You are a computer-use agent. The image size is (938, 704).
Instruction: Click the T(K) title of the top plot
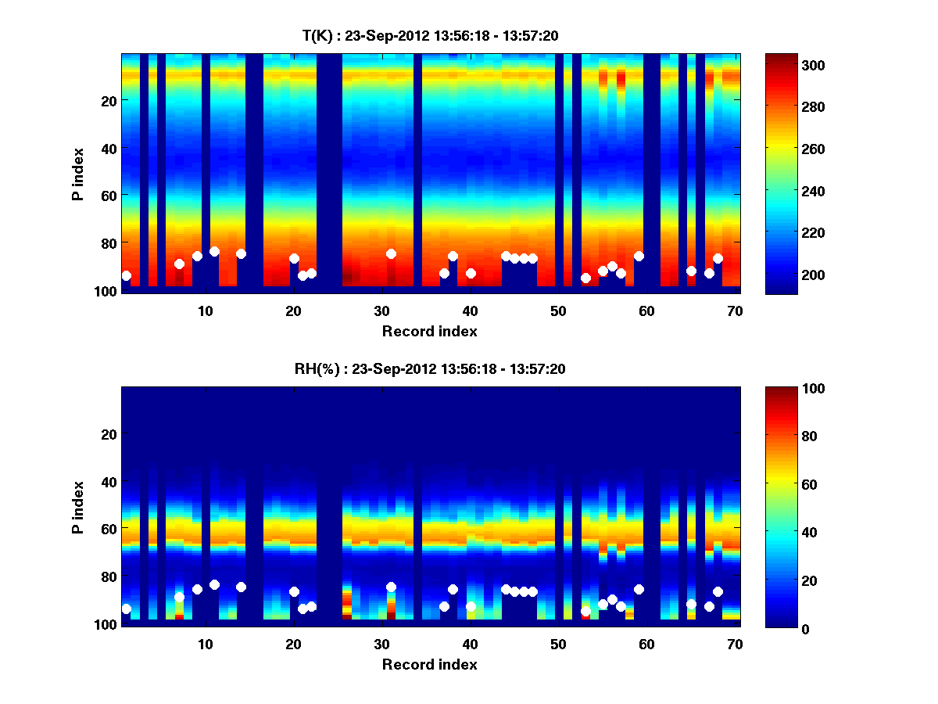[x=430, y=35]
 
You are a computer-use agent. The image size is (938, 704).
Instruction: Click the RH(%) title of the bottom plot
[x=430, y=369]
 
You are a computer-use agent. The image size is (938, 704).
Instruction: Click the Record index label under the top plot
[x=429, y=331]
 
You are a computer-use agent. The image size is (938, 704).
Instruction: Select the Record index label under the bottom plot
[x=429, y=664]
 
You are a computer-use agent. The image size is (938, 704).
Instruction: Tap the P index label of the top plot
[x=78, y=174]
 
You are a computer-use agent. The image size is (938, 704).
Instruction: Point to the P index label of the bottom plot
[x=78, y=507]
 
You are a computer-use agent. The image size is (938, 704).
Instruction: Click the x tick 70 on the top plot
[x=735, y=311]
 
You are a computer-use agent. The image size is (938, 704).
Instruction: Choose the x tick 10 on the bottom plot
[x=205, y=644]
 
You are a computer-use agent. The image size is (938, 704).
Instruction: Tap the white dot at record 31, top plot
[x=391, y=253]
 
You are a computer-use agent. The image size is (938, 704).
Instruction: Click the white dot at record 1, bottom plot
[x=126, y=609]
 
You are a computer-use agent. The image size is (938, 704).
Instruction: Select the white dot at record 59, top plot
[x=639, y=256]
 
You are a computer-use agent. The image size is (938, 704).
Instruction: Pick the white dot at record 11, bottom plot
[x=214, y=584]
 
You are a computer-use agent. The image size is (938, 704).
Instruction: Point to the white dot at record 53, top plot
[x=585, y=278]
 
